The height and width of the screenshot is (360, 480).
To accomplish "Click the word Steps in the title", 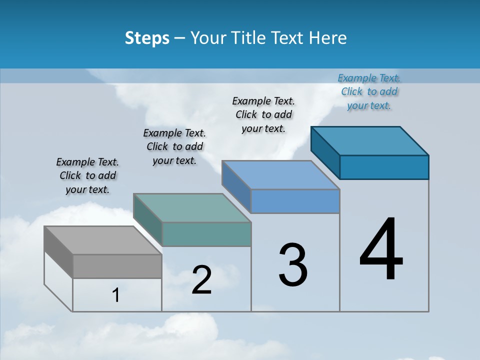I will click(x=147, y=38).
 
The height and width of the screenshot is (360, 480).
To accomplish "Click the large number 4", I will click(x=381, y=250).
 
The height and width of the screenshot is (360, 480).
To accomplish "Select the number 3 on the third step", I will click(x=293, y=265).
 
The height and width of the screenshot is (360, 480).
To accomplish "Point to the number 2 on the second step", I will click(x=201, y=280).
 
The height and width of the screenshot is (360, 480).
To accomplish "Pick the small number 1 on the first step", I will click(x=116, y=295).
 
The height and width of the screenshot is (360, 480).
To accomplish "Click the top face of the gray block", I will click(x=102, y=240).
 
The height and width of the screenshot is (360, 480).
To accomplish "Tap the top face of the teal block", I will click(x=192, y=208).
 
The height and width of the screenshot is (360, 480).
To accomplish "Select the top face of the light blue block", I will click(x=280, y=175).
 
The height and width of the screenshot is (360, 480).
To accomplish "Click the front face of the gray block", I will click(x=117, y=266).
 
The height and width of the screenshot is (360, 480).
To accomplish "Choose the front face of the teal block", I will click(x=206, y=234).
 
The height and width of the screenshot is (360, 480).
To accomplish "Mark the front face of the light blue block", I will click(x=295, y=201).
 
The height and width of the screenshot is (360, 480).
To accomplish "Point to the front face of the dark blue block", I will click(x=384, y=167).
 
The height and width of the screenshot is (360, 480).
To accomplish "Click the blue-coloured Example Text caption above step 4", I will click(x=369, y=91).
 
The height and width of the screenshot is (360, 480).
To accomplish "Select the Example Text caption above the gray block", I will click(x=87, y=175).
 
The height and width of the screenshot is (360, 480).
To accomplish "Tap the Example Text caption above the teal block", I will click(x=174, y=146).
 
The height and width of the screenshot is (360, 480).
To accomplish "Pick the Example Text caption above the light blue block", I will click(x=263, y=114).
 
